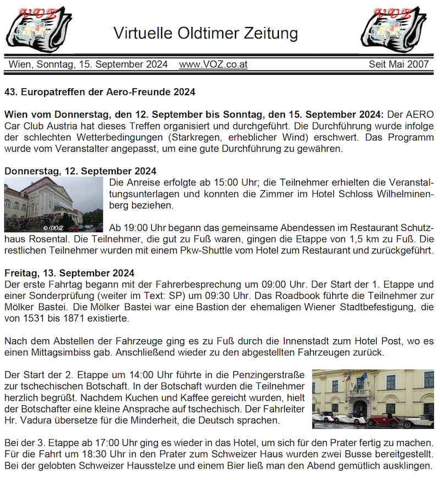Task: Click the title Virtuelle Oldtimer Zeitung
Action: [x=206, y=33]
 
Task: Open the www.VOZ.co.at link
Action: [x=213, y=64]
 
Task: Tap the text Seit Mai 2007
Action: [x=398, y=64]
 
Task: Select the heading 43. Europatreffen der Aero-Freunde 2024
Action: [x=100, y=92]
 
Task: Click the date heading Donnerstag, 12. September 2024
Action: [x=80, y=171]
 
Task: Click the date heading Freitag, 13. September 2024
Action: [x=69, y=273]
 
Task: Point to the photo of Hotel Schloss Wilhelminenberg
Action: [x=53, y=204]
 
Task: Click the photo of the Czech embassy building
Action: [x=373, y=399]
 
